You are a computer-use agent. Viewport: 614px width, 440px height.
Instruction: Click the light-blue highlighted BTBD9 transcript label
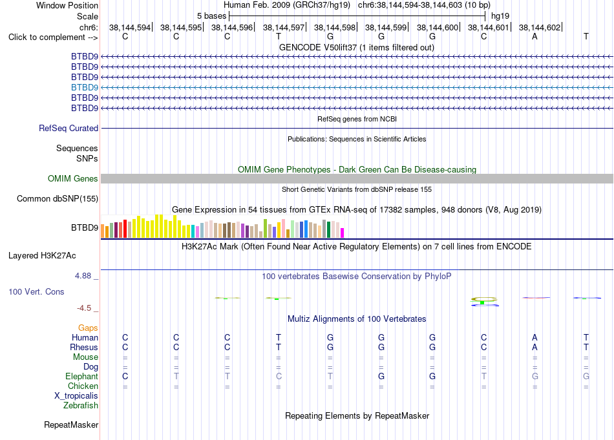85,87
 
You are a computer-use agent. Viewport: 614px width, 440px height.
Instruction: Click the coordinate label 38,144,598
334,27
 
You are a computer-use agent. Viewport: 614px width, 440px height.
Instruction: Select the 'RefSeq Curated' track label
69,128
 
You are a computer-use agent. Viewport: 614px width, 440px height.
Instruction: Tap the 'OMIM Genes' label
72,178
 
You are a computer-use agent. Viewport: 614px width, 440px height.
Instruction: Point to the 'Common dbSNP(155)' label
58,198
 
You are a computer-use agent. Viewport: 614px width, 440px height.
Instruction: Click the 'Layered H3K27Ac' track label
42,256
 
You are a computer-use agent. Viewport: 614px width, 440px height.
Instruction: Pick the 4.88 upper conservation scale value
83,276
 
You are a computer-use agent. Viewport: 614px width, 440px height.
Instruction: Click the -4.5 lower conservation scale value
84,308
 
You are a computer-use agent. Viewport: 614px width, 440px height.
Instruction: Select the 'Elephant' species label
81,376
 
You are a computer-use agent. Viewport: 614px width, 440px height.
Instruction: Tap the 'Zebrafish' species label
81,405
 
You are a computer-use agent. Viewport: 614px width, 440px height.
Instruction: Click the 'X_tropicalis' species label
76,396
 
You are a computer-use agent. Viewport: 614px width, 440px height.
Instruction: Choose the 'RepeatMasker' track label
71,424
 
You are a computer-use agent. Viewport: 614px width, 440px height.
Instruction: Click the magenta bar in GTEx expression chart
343,233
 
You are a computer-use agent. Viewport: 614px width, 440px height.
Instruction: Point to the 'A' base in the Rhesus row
535,347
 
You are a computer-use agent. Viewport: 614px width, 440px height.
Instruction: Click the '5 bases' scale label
211,16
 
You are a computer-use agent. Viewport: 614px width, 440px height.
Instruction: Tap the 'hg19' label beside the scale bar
500,16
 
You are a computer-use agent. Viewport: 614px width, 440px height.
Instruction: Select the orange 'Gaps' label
88,328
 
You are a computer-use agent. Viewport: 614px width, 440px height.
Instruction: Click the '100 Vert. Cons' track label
36,291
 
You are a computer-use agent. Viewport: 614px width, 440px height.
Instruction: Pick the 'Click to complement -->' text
53,37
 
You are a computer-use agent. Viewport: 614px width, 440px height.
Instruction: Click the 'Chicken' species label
83,386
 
